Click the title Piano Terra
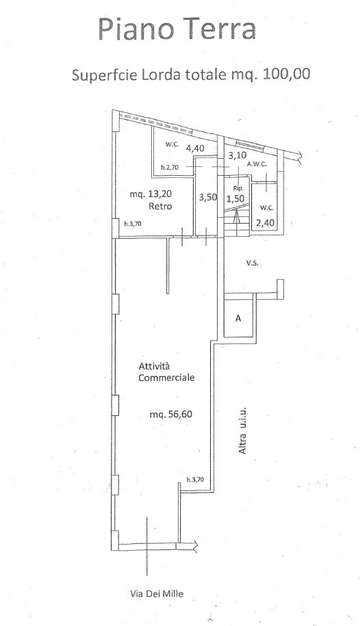[x=177, y=29]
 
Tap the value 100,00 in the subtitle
[x=285, y=75]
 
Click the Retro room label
[x=160, y=206]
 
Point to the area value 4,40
[x=195, y=148]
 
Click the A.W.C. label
[x=257, y=164]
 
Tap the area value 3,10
[x=237, y=155]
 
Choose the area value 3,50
[x=208, y=197]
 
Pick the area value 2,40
[x=266, y=222]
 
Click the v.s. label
[x=251, y=263]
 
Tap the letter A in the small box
[x=238, y=318]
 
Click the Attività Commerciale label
[x=166, y=371]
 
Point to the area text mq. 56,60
[x=171, y=415]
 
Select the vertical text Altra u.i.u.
[x=242, y=430]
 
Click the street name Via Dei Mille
[x=157, y=594]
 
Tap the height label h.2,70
[x=170, y=168]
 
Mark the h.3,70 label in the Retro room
[x=133, y=224]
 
